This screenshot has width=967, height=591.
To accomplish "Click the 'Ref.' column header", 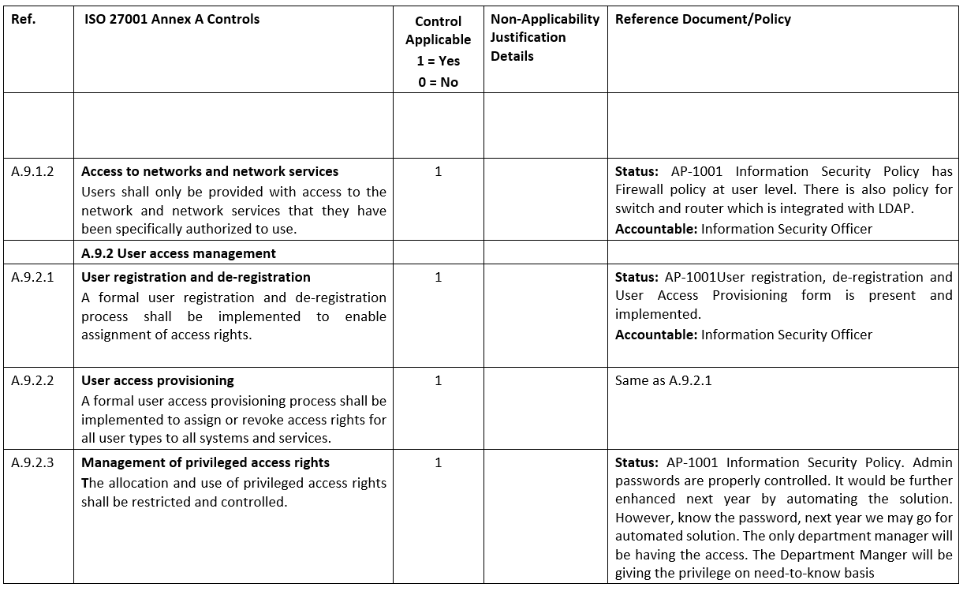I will [x=23, y=19].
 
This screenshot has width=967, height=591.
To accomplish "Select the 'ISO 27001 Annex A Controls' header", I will [x=171, y=19].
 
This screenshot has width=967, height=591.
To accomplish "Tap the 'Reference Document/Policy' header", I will [x=703, y=19].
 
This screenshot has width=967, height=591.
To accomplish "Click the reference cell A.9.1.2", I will [x=32, y=171].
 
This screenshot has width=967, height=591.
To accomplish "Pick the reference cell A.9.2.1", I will [x=32, y=277].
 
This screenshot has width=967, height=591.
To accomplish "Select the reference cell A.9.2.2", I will [x=32, y=380].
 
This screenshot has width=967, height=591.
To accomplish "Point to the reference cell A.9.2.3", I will [x=32, y=462].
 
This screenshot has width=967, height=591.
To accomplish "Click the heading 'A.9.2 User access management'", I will [x=178, y=253].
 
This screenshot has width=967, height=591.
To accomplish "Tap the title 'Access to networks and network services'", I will [x=210, y=171].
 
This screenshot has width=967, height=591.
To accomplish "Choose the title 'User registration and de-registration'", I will [x=196, y=277].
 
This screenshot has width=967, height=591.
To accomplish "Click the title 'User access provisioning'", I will [x=158, y=380].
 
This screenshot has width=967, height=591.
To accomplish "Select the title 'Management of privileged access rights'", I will [x=205, y=462].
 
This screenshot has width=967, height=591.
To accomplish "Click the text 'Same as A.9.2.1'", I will [x=663, y=380].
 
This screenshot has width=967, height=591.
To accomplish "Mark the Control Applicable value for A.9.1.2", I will [x=438, y=171].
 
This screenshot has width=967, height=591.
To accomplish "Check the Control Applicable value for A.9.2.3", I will [x=438, y=462].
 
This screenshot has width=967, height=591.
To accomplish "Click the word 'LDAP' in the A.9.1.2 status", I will [x=896, y=208].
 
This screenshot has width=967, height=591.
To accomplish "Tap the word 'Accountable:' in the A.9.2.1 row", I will [x=656, y=335].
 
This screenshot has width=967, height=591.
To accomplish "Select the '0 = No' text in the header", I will [x=438, y=82].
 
